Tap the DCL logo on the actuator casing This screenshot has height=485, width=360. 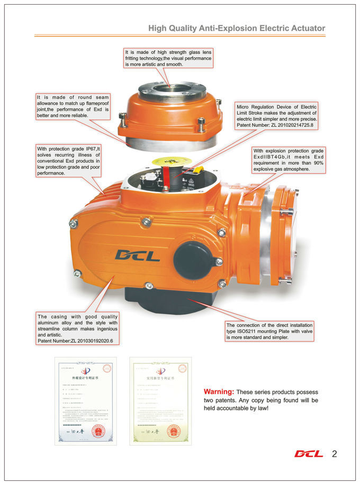tap(137, 255)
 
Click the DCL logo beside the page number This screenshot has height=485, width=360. tap(308, 454)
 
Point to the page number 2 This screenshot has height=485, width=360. tap(334, 454)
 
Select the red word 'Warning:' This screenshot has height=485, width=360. tap(219, 391)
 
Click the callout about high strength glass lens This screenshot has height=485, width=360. tap(168, 58)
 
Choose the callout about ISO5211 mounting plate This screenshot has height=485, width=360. tap(269, 331)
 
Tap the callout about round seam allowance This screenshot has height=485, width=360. tap(73, 106)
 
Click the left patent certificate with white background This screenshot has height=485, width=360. tap(85, 400)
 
